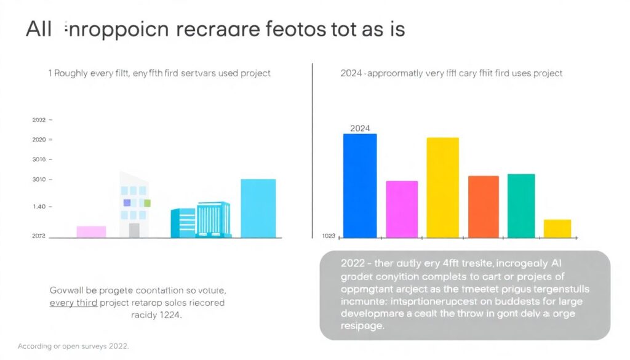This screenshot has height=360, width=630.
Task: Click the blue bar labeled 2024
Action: pyautogui.click(x=359, y=185)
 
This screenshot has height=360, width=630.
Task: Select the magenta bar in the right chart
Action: pyautogui.click(x=402, y=209)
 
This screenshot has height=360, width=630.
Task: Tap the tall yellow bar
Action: pyautogui.click(x=442, y=187)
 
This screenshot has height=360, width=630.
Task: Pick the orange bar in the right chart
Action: pyautogui.click(x=484, y=206)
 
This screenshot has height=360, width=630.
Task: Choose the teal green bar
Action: pyautogui.click(x=521, y=206)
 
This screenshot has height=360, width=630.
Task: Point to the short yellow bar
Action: pyautogui.click(x=557, y=228)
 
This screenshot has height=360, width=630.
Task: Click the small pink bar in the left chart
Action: pyautogui.click(x=91, y=231)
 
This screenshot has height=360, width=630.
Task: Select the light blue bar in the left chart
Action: pyautogui.click(x=258, y=208)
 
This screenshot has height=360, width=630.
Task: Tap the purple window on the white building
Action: pyautogui.click(x=127, y=202)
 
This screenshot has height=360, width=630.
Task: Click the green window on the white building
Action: pyautogui.click(x=147, y=202)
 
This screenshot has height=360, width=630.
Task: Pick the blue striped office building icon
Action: pyautogui.click(x=203, y=220)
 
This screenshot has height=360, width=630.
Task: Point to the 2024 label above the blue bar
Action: pyautogui.click(x=359, y=129)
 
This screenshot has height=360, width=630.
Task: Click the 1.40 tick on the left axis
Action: pyautogui.click(x=38, y=207)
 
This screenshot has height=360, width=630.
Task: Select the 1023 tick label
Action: pyautogui.click(x=329, y=236)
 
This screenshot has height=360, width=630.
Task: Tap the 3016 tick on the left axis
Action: pyautogui.click(x=38, y=160)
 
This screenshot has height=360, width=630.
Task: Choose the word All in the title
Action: pyautogui.click(x=38, y=30)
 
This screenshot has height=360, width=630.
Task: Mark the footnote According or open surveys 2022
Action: pyautogui.click(x=73, y=346)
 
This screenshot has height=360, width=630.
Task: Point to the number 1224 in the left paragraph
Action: pyautogui.click(x=172, y=314)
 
